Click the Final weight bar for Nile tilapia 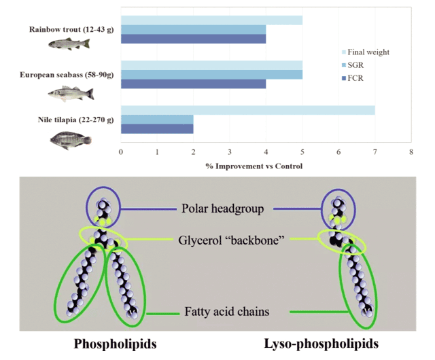[x=247, y=110]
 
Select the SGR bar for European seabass [x=211, y=74]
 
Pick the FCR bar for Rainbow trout [x=193, y=39]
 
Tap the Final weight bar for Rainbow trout [x=211, y=20]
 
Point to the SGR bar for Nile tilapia [x=157, y=120]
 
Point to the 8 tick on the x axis [x=411, y=152]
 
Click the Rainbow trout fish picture [x=68, y=44]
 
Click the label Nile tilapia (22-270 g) [x=75, y=120]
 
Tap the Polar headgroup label [x=222, y=207]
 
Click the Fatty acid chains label [x=222, y=312]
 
